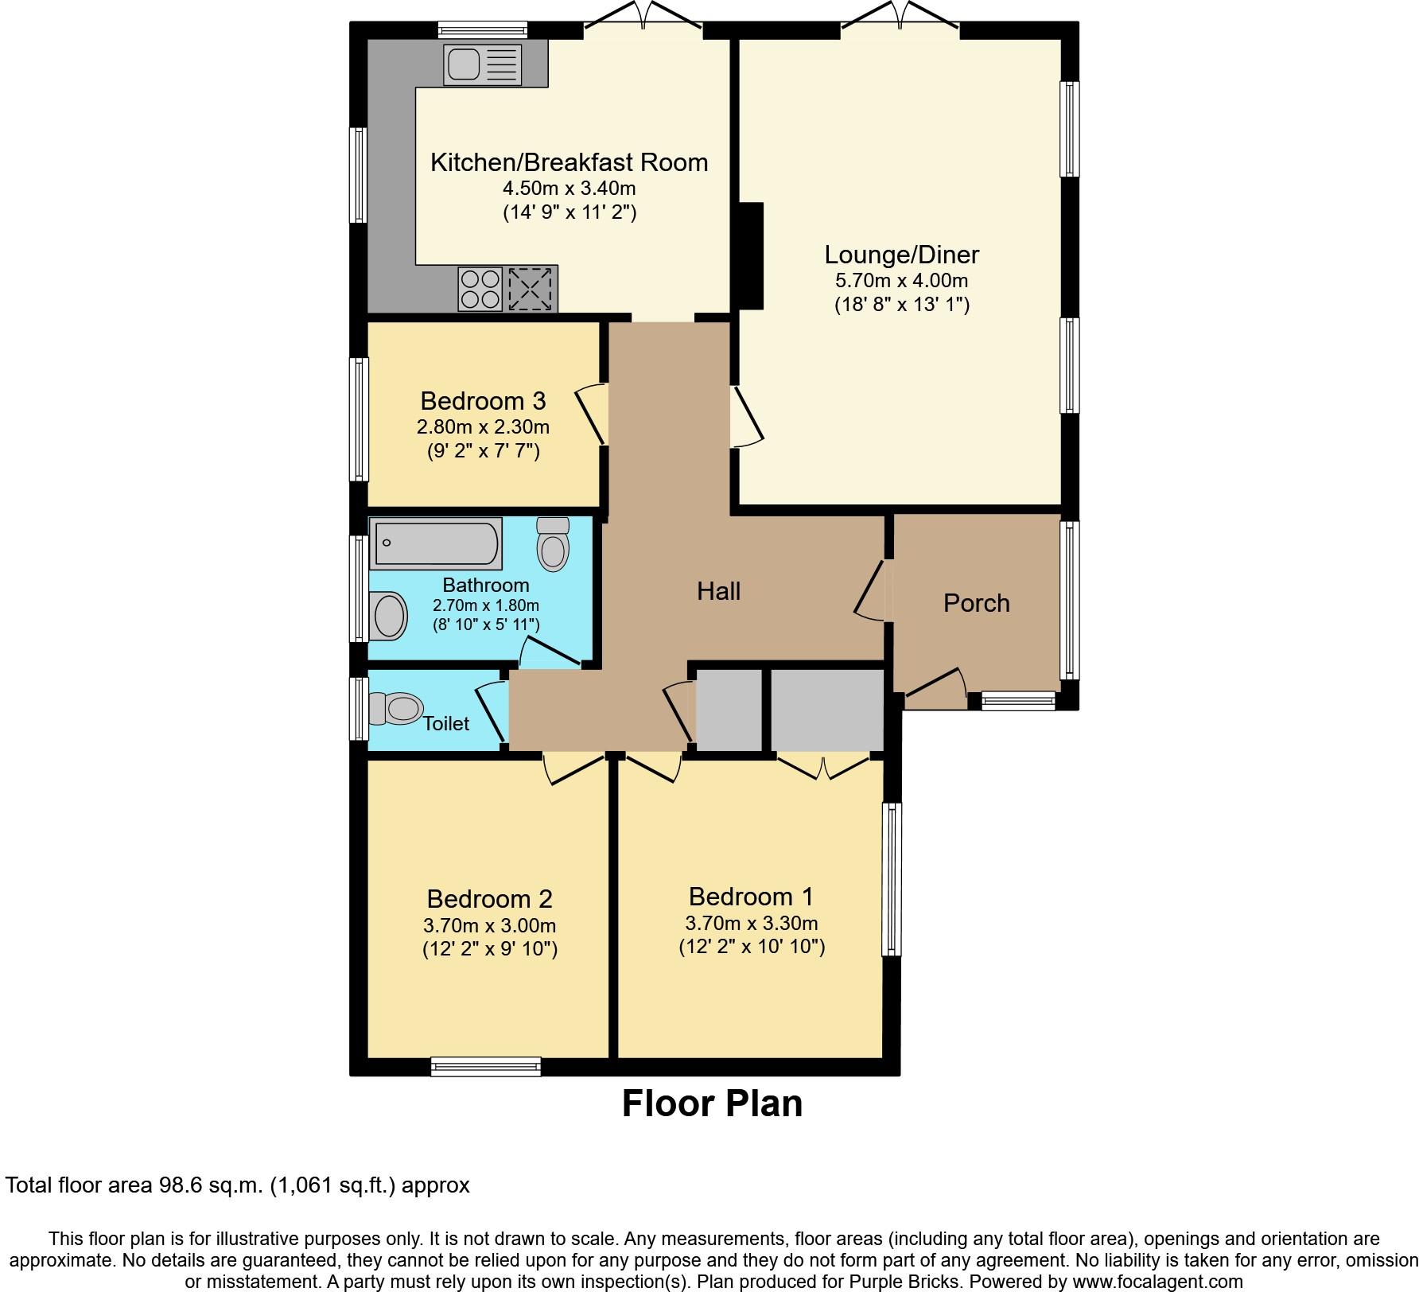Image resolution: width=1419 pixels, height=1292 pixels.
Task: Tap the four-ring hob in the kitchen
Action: (x=480, y=289)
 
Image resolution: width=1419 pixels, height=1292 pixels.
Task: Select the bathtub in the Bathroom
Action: (x=437, y=543)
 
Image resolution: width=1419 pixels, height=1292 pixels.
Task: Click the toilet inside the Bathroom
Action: (x=554, y=544)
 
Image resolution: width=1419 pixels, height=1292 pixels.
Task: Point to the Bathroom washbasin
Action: (x=389, y=616)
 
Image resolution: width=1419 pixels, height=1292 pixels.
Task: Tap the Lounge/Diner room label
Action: (x=901, y=255)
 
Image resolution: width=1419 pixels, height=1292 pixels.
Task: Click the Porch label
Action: (x=977, y=603)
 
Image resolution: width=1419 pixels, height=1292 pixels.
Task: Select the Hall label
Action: (x=719, y=591)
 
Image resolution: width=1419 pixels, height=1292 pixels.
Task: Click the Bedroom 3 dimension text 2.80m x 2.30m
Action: (x=483, y=427)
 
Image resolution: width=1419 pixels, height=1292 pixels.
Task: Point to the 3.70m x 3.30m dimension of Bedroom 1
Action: (x=752, y=924)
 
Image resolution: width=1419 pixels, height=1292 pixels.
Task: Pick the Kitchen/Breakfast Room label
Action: (x=569, y=162)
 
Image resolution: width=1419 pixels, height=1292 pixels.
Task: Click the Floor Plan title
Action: (x=712, y=1104)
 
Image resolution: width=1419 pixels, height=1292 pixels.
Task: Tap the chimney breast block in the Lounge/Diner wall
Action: (x=751, y=256)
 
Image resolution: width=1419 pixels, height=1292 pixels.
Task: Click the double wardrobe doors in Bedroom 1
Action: (x=823, y=767)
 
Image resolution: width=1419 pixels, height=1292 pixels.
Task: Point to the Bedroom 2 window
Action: (x=485, y=1066)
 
